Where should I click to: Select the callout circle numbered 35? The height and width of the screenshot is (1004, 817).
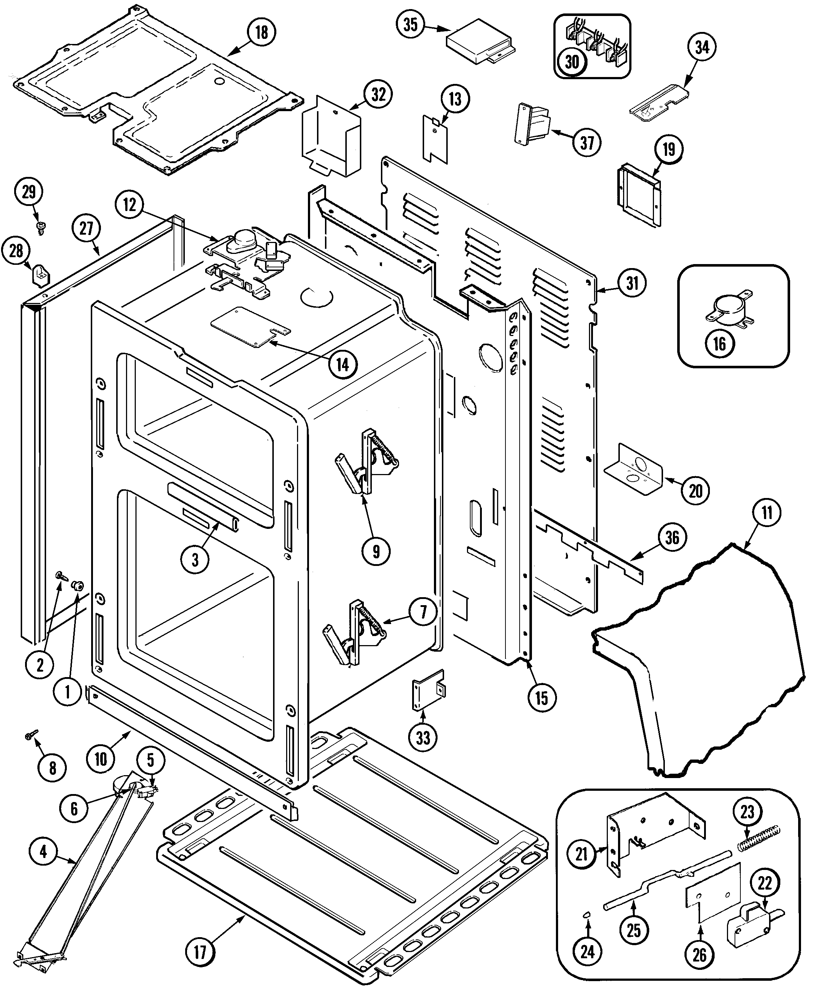click(x=410, y=24)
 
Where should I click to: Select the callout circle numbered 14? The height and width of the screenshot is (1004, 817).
click(x=343, y=364)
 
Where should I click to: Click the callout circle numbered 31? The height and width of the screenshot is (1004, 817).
click(x=632, y=283)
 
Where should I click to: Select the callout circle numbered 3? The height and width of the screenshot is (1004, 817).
click(x=195, y=560)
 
